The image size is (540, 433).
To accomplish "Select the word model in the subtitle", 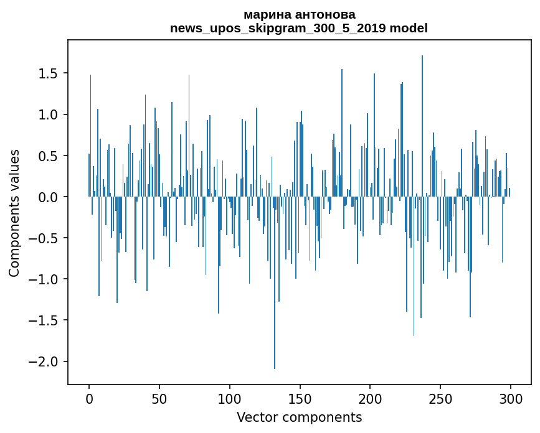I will coord(409,28).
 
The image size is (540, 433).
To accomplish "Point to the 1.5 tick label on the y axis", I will coord(48,73).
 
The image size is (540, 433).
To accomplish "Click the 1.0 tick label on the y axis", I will coord(48,115).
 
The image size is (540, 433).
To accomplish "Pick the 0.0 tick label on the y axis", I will coord(48,197).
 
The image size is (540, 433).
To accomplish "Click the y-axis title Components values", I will coord(14,213).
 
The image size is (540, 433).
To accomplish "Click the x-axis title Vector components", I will coord(299,417).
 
